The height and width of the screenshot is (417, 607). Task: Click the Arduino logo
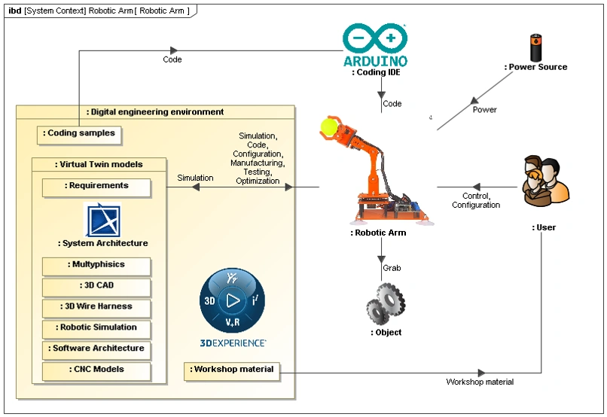point(375,45)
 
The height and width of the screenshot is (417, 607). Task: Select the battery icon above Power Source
point(535,47)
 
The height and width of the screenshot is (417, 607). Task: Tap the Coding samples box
point(80,133)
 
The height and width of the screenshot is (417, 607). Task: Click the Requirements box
point(96,186)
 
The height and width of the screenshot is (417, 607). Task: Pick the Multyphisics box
point(96,265)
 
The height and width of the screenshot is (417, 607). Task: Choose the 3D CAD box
point(96,286)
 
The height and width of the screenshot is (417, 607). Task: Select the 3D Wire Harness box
point(96,307)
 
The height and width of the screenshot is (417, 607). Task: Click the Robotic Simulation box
point(96,328)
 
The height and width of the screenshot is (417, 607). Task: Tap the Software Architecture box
point(96,349)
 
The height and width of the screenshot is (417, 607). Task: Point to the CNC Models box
point(96,370)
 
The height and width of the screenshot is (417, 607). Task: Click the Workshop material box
point(233,370)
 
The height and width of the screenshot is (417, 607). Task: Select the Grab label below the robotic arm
point(392,268)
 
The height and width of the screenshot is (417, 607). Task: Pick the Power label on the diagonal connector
point(484,110)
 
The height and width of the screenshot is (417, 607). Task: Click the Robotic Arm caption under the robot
point(380,233)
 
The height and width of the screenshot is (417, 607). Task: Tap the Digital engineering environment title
point(155,112)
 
